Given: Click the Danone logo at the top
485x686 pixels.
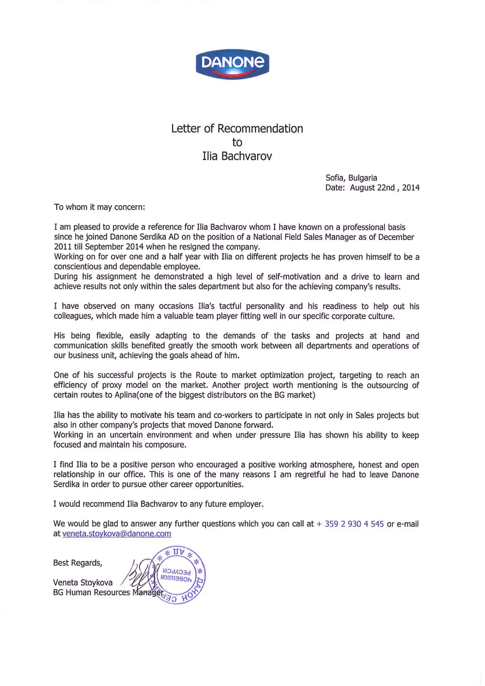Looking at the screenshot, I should [232, 64].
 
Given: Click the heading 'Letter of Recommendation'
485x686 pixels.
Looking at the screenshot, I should [237, 128].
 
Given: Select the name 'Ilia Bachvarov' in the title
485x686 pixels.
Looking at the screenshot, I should [237, 156].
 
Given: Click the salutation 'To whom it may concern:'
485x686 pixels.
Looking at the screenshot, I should [99, 207].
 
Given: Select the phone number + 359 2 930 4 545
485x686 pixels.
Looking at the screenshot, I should [350, 524].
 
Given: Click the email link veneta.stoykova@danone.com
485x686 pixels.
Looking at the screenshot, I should [117, 534].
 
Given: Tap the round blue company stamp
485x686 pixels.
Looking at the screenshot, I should [178, 575].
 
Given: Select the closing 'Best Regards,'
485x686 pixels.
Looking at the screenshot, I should [78, 563].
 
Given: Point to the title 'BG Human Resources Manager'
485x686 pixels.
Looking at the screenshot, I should [108, 592].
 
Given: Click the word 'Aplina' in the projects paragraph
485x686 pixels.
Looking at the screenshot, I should [125, 395].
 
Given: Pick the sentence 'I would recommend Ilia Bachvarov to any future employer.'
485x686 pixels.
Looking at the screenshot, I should [158, 504].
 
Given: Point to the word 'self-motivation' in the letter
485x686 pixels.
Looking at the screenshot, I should [294, 277].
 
